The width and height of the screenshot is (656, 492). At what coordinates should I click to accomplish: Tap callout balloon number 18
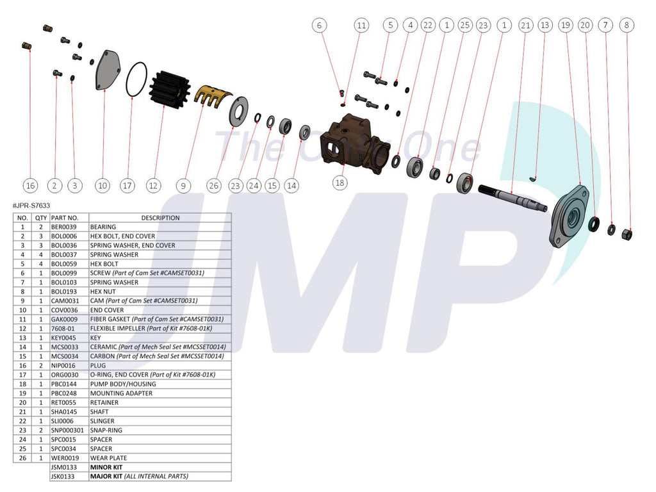[x=340, y=183]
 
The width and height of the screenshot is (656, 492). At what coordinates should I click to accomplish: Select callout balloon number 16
[x=30, y=186]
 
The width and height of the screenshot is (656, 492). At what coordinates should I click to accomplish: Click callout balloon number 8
[x=627, y=26]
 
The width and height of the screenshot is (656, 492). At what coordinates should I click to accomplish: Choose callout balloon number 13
[x=545, y=26]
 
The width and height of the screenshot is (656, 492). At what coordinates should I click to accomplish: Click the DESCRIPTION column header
[x=160, y=218]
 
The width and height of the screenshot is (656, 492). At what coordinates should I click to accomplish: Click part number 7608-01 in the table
[x=63, y=329]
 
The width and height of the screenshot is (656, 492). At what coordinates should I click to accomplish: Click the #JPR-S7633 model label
[x=31, y=206]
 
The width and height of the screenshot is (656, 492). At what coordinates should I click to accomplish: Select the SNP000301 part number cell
[x=68, y=430]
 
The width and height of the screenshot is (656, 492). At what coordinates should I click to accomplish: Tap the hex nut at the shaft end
[x=627, y=234]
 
